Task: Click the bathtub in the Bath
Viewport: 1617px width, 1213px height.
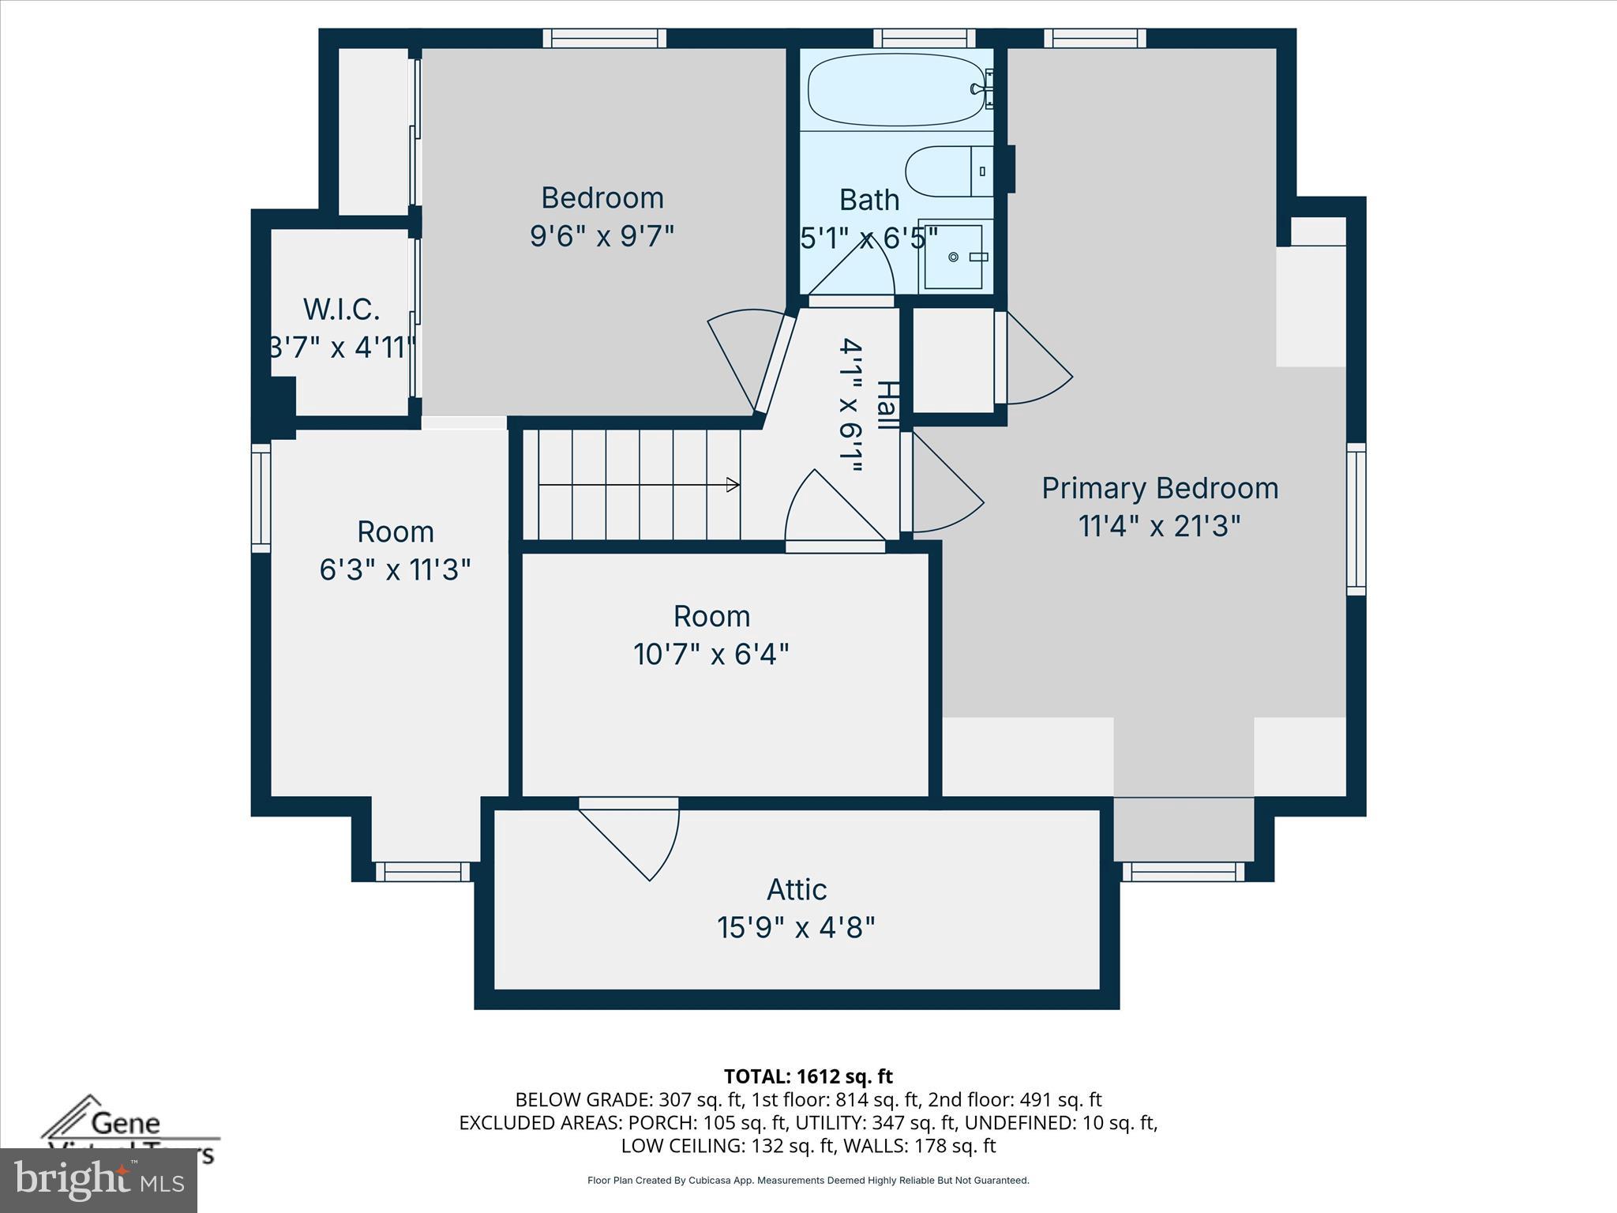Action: click(895, 89)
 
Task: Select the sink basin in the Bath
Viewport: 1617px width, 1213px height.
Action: click(954, 257)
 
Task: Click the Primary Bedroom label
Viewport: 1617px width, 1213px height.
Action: click(1159, 488)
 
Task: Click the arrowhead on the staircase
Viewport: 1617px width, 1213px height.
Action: click(733, 485)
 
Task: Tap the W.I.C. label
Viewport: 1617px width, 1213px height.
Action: click(341, 310)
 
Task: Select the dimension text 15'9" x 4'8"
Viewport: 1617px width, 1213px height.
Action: click(796, 927)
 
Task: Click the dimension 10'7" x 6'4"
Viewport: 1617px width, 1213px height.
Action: click(711, 654)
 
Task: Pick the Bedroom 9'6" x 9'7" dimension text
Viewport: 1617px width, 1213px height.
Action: click(602, 235)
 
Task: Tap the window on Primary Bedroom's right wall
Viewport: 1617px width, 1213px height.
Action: click(1356, 518)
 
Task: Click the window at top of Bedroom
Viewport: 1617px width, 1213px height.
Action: click(605, 38)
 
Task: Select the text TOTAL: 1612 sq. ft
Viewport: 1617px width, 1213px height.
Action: click(808, 1076)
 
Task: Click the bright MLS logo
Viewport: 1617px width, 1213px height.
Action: click(99, 1181)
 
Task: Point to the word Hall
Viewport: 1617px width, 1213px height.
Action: click(887, 405)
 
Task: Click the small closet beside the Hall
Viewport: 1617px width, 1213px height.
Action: click(953, 360)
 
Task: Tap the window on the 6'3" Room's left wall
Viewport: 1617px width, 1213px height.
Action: click(261, 497)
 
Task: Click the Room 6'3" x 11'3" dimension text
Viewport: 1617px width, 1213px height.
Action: click(395, 569)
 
